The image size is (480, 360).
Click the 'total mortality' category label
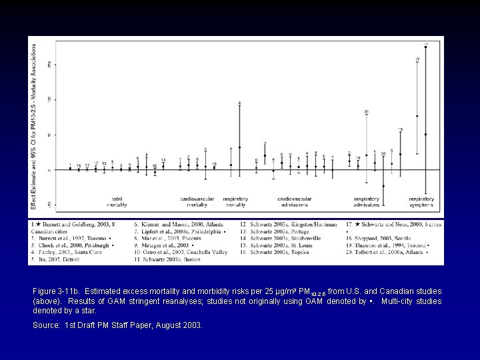pyautogui.click(x=120, y=201)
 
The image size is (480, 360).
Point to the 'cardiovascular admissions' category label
pyautogui.click(x=294, y=201)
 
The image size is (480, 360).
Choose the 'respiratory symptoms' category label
pyautogui.click(x=422, y=201)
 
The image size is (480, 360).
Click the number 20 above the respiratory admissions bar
pyautogui.click(x=367, y=111)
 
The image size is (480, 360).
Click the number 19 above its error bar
pyautogui.click(x=400, y=129)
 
